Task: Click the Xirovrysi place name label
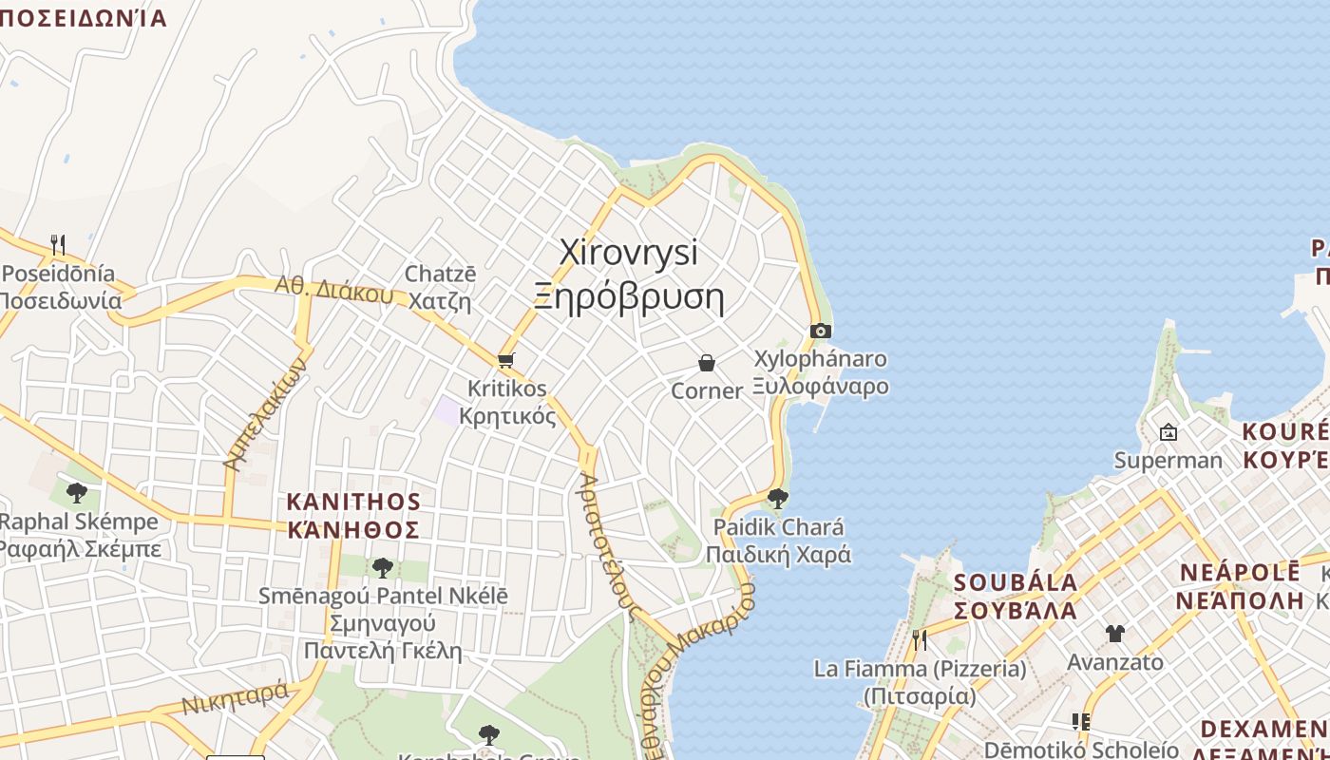coord(628,253)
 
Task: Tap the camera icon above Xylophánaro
coord(821,331)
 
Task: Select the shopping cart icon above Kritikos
coord(505,360)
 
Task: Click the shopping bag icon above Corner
coord(707,363)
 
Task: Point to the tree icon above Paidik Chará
coord(777,498)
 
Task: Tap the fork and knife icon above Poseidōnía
coord(58,245)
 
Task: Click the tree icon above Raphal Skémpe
coord(77,492)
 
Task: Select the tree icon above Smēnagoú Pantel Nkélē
coord(382,568)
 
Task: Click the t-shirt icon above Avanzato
coord(1114,633)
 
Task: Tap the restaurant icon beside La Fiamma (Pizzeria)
coord(919,639)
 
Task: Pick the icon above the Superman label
coord(1168,432)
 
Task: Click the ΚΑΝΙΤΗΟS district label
coord(353,502)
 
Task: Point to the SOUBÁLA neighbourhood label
coord(1016,582)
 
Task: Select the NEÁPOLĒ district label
coord(1239,573)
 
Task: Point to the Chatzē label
coord(440,274)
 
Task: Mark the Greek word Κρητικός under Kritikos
coord(507,416)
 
